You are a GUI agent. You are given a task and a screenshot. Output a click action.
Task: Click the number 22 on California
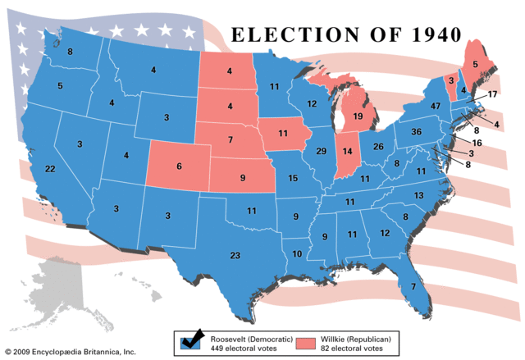pos(51,168)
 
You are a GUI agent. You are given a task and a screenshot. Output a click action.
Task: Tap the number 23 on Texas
pos(235,256)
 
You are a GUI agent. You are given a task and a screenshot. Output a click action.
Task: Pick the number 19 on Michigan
pos(358,116)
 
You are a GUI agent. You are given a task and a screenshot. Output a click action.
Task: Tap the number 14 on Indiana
pos(347,153)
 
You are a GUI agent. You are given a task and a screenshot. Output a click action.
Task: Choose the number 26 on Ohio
pos(379,147)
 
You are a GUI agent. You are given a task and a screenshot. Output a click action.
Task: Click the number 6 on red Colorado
pos(179,166)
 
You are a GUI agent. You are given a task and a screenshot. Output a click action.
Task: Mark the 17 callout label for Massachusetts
pos(492,95)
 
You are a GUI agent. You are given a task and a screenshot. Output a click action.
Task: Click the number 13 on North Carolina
pos(418,195)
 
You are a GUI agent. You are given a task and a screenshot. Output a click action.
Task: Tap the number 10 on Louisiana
pos(296,254)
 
